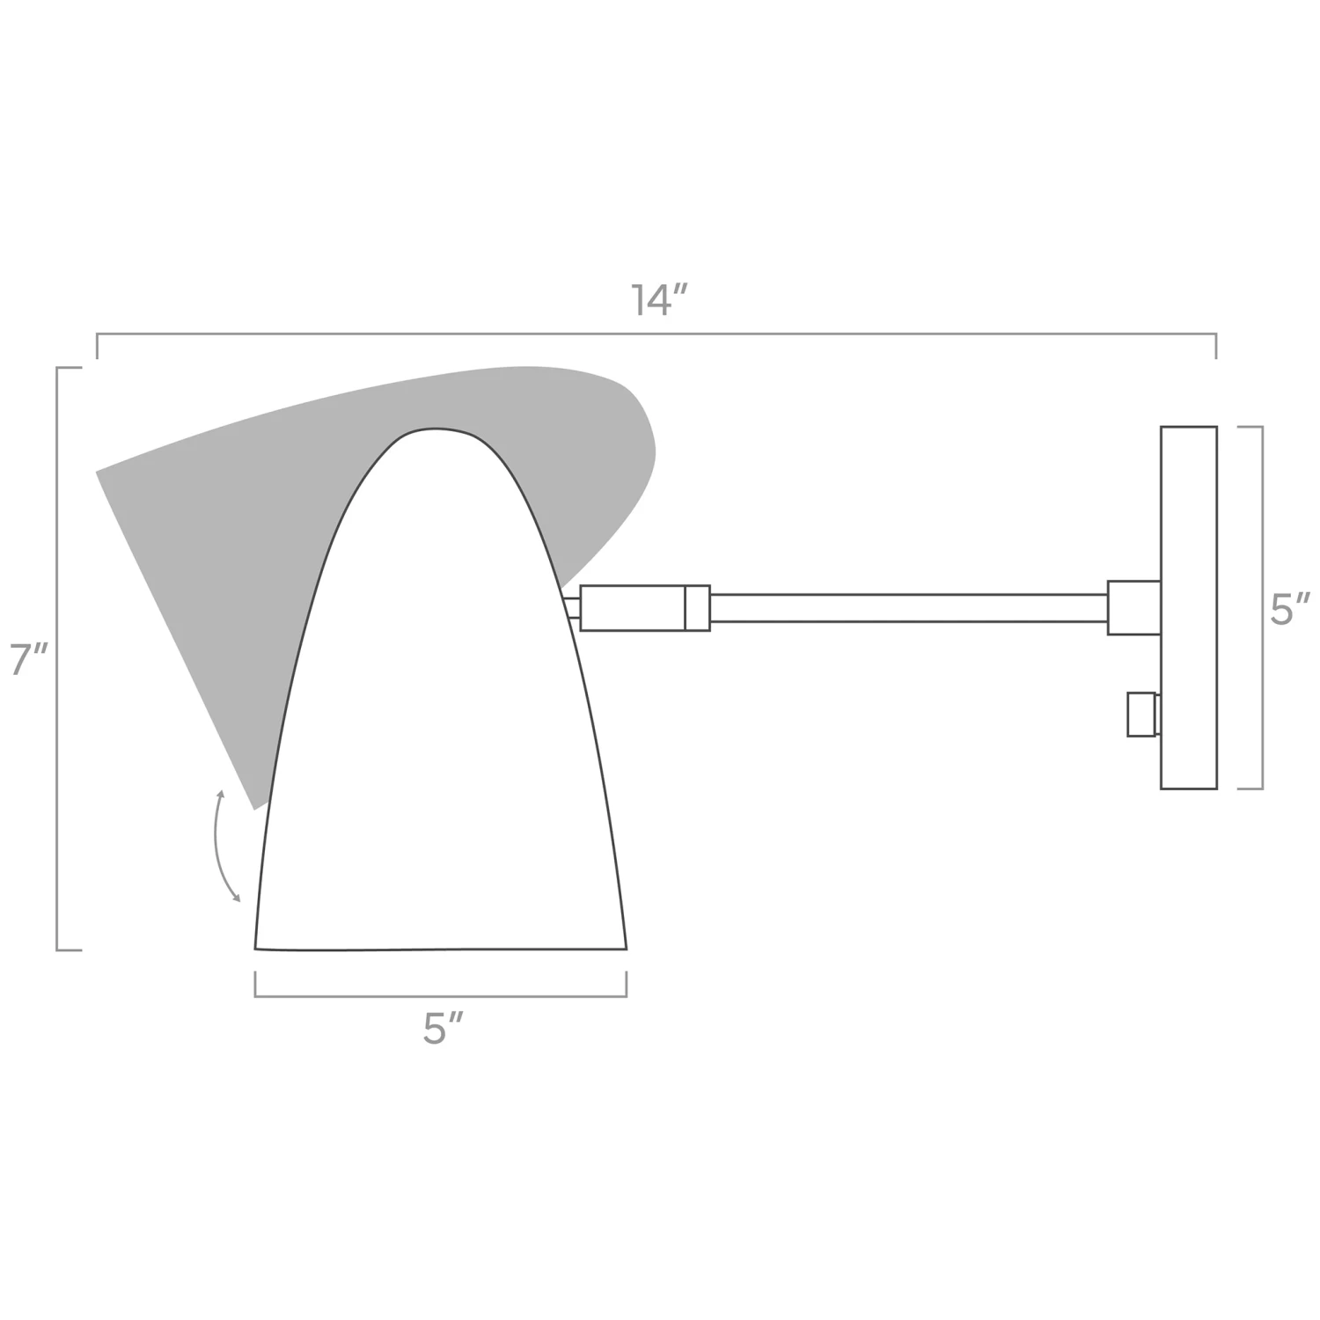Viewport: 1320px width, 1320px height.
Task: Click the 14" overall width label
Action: coord(658,301)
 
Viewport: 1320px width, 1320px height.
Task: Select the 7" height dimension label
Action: coord(28,660)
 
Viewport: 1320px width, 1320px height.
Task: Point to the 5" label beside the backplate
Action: coord(1289,609)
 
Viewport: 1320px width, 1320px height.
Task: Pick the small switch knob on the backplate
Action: coord(1141,714)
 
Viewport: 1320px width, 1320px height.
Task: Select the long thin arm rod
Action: coord(906,608)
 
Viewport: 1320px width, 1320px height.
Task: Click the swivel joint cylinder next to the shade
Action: coord(632,608)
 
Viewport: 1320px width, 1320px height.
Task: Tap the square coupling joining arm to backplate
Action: coord(1133,607)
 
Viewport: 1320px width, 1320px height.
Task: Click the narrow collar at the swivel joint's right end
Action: coord(697,608)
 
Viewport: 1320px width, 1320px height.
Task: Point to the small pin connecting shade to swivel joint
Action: coord(572,608)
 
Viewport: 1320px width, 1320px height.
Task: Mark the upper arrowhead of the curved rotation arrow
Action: coord(221,794)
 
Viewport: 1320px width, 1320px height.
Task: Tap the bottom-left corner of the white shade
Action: coord(256,948)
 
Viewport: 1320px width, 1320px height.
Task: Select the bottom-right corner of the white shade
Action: coord(626,948)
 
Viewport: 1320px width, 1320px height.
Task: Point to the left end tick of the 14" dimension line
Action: coord(97,347)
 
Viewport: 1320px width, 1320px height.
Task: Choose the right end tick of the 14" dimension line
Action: coord(1216,347)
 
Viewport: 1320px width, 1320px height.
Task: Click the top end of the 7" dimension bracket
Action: coord(69,368)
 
